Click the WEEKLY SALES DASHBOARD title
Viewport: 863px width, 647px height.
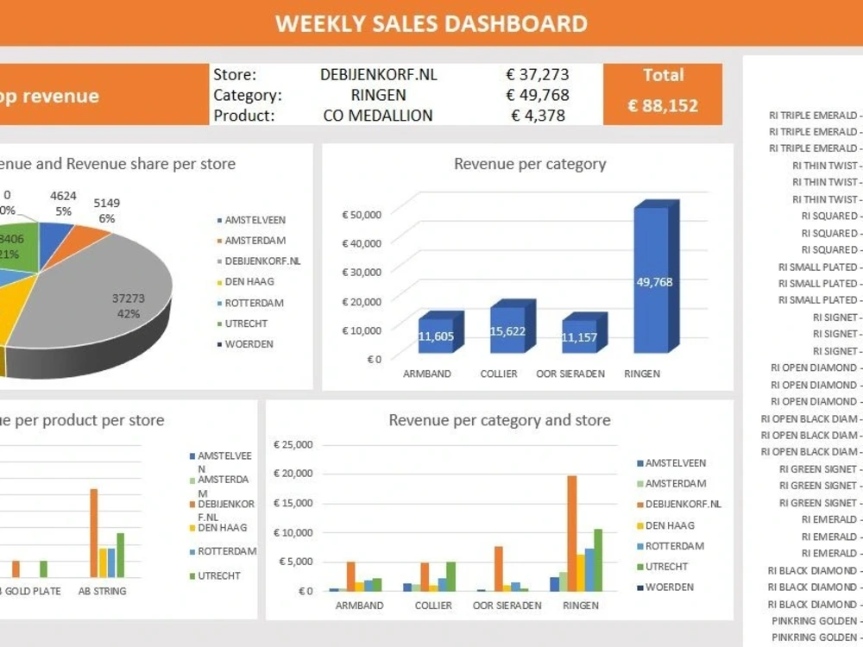click(431, 23)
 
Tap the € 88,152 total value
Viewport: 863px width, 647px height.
click(663, 106)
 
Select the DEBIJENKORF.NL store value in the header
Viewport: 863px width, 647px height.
click(378, 75)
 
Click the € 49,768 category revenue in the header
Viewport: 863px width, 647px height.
click(537, 95)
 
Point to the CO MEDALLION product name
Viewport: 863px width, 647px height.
click(378, 115)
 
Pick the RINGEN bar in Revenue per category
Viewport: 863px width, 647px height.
click(652, 278)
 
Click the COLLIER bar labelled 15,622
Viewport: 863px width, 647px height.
click(507, 330)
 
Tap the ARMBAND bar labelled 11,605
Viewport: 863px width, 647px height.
click(436, 336)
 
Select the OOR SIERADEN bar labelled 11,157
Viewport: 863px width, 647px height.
click(579, 336)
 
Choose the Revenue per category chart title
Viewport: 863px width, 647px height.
click(530, 164)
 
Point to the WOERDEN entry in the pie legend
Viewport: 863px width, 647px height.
click(249, 344)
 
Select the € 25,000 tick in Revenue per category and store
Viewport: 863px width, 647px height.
click(293, 445)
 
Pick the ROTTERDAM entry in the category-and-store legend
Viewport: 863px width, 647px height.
click(674, 546)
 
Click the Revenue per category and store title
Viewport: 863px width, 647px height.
click(499, 421)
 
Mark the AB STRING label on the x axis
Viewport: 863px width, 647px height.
click(102, 591)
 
